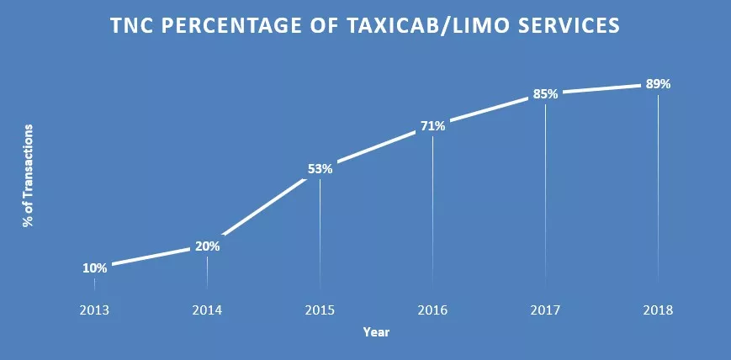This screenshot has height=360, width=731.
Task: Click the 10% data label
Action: coord(94,268)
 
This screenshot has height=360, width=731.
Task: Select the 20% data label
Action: coord(207,246)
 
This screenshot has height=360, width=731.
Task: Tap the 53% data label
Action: coord(320,168)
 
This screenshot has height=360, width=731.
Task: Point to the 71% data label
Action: coord(432,127)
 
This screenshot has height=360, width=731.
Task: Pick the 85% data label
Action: coord(545,94)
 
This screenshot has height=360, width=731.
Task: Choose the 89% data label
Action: coord(658,84)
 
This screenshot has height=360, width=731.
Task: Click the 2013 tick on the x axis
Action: coord(94,310)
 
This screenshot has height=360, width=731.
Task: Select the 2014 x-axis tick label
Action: coord(207,310)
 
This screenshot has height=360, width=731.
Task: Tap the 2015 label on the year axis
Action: coord(320,310)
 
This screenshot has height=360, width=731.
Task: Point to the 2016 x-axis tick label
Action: coord(432,310)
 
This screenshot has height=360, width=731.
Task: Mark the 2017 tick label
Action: coord(545,310)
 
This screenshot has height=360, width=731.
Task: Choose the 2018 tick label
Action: coord(658,310)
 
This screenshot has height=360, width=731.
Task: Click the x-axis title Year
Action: coord(376,332)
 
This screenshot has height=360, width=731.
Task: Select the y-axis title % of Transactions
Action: coord(28,176)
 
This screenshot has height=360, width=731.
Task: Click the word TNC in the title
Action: coord(135,27)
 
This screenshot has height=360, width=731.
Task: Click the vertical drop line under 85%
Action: coord(545,193)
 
